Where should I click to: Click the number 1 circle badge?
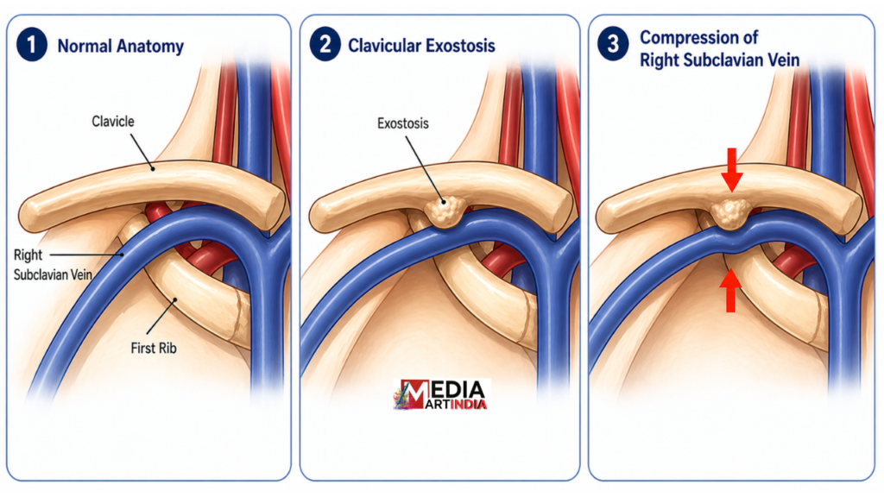click(x=32, y=45)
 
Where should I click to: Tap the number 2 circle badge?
click(x=325, y=45)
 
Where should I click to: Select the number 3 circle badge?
click(x=613, y=45)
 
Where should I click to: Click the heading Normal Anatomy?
click(x=121, y=46)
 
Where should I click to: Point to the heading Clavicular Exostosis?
click(x=421, y=46)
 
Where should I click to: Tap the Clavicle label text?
click(x=113, y=121)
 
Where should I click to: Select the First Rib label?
click(x=154, y=349)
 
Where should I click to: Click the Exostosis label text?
click(x=402, y=123)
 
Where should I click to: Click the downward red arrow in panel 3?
click(x=732, y=169)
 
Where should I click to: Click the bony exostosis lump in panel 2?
click(x=445, y=211)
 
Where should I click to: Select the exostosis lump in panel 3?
click(x=730, y=214)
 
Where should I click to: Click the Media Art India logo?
click(x=441, y=394)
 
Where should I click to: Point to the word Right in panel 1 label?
click(x=28, y=255)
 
